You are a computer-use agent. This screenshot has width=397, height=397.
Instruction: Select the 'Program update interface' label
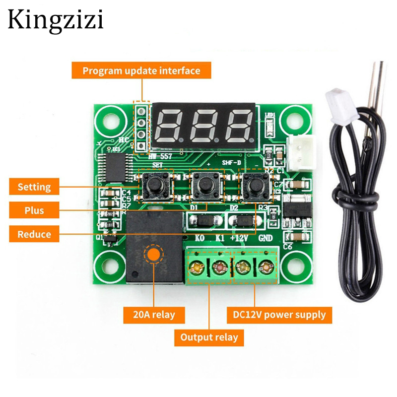pyautogui.click(x=141, y=70)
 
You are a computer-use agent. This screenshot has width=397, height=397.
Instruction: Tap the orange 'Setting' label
pyautogui.click(x=34, y=187)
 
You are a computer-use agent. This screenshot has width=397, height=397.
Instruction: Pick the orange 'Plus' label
pyautogui.click(x=34, y=210)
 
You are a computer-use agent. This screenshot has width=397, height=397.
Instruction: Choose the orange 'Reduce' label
pyautogui.click(x=34, y=234)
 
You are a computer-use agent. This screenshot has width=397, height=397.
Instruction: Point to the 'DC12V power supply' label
pyautogui.click(x=279, y=314)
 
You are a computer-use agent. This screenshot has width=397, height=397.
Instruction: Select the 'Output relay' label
pyautogui.click(x=209, y=337)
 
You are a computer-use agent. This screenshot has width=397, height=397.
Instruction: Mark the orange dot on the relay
pyautogui.click(x=153, y=255)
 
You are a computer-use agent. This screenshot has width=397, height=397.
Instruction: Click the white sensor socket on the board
pyautogui.click(x=296, y=152)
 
